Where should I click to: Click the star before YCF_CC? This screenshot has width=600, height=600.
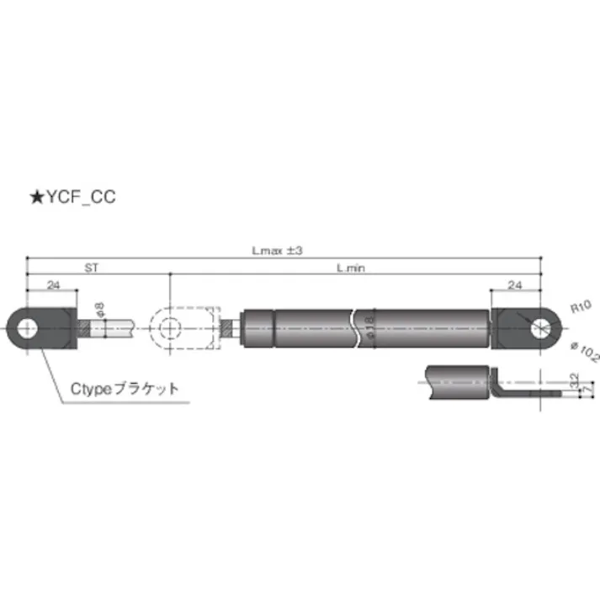[36, 198]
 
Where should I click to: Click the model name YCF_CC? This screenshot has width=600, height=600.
[78, 198]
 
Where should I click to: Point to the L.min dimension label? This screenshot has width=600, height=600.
[350, 268]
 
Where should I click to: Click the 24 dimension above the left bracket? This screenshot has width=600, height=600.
[53, 286]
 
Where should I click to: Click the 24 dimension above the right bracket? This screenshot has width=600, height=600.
[514, 286]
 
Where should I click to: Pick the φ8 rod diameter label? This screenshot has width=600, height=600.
[100, 310]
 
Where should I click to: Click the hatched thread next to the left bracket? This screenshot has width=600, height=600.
[82, 327]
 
